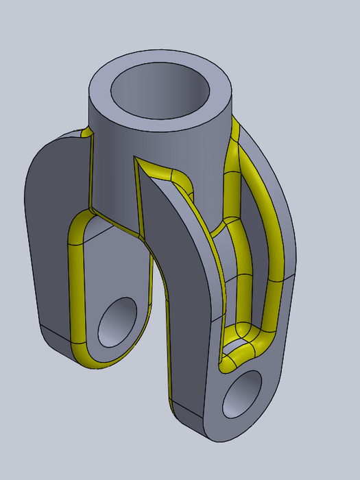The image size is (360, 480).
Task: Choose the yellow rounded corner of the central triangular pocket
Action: [x=180, y=177]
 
